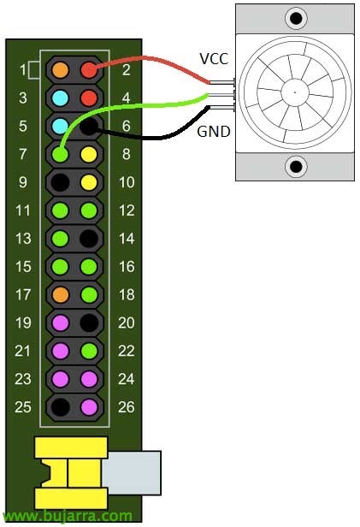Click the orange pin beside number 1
pyautogui.click(x=61, y=70)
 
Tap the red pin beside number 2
pyautogui.click(x=89, y=70)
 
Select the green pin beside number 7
pyautogui.click(x=61, y=154)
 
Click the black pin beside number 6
pyautogui.click(x=89, y=127)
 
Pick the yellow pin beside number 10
pyautogui.click(x=89, y=182)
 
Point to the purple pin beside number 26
pyautogui.click(x=89, y=407)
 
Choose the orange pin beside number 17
pyautogui.click(x=61, y=295)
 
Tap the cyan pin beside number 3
pyautogui.click(x=61, y=98)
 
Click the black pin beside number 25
pyautogui.click(x=61, y=407)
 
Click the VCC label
pyautogui.click(x=214, y=59)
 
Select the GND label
pyautogui.click(x=214, y=132)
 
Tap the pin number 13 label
pyautogui.click(x=23, y=239)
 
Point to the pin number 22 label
pyautogui.click(x=127, y=352)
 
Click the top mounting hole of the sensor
pyautogui.click(x=296, y=17)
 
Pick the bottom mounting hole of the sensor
pyautogui.click(x=296, y=166)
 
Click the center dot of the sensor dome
pyautogui.click(x=295, y=92)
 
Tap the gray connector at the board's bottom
pyautogui.click(x=132, y=473)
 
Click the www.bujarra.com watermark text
pyautogui.click(x=67, y=516)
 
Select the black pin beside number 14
pyautogui.click(x=89, y=239)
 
